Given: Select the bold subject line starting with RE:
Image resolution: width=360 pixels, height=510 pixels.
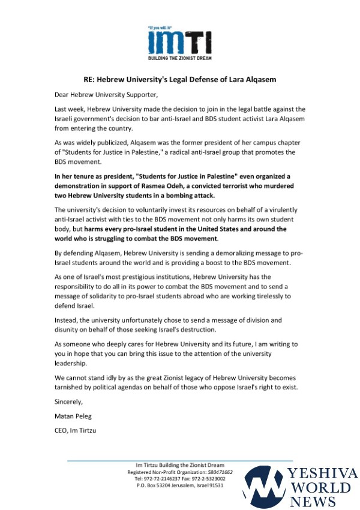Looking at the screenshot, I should tap(180, 79).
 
